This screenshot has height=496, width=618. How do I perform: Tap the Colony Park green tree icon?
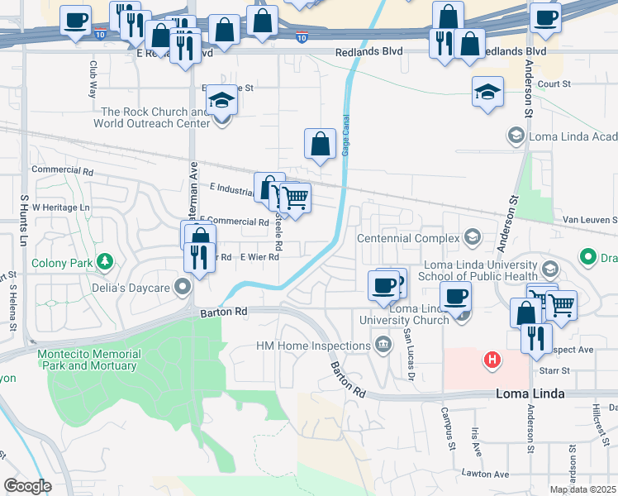tap(105, 263)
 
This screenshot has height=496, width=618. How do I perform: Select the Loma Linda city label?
tap(530, 393)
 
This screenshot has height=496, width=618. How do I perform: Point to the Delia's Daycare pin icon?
tap(183, 288)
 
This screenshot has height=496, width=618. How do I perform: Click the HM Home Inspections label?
tap(313, 346)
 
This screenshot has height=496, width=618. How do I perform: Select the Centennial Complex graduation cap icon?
tap(472, 238)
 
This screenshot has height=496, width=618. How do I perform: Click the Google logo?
tap(27, 486)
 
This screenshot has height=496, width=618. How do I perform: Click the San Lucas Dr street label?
tap(409, 344)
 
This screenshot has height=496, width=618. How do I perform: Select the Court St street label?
tap(554, 84)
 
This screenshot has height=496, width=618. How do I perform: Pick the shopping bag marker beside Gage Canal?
tap(320, 145)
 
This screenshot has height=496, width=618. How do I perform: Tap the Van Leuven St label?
tap(590, 220)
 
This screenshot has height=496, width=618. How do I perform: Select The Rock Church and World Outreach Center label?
tap(154, 117)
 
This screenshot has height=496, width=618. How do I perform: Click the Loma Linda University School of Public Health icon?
tap(549, 270)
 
